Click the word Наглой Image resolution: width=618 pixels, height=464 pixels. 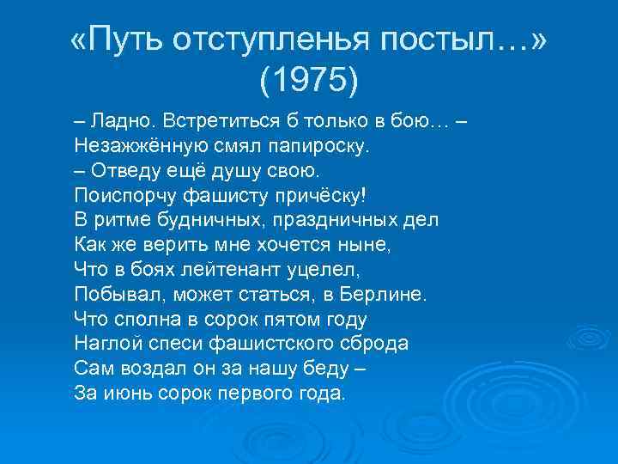click(x=105, y=344)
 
